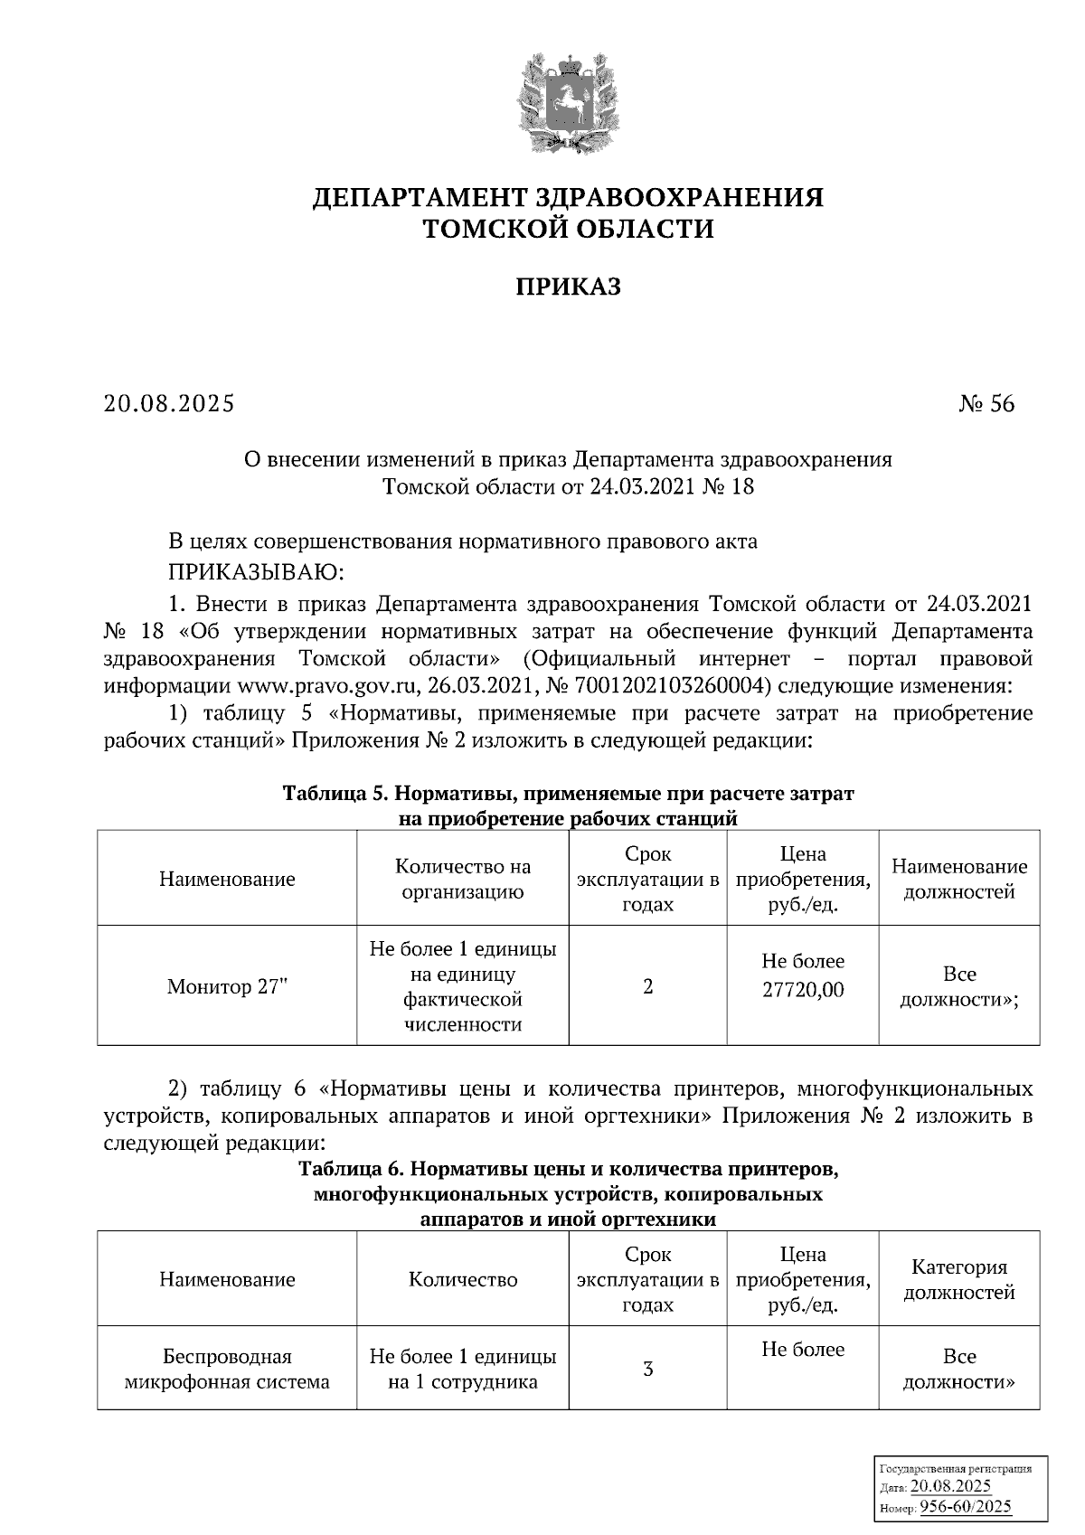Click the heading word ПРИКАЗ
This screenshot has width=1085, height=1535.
click(x=568, y=287)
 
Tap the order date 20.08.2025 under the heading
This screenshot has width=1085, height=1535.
click(x=169, y=403)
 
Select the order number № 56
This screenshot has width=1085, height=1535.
click(x=986, y=403)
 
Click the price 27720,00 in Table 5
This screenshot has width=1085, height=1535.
click(x=803, y=990)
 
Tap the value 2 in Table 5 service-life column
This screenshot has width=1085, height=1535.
click(x=647, y=986)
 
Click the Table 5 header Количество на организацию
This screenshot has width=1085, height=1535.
click(x=463, y=879)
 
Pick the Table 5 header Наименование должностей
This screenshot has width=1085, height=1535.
click(x=959, y=879)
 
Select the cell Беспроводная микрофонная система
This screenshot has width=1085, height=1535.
click(x=227, y=1369)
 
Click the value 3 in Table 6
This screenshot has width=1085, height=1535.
click(x=647, y=1369)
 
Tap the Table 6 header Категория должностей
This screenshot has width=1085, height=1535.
click(x=959, y=1279)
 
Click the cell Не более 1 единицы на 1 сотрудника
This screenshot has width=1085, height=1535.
click(x=463, y=1369)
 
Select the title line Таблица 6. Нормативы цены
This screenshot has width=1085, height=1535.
click(x=568, y=1169)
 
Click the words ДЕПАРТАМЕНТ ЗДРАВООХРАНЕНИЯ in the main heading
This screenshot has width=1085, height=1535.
click(x=568, y=197)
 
